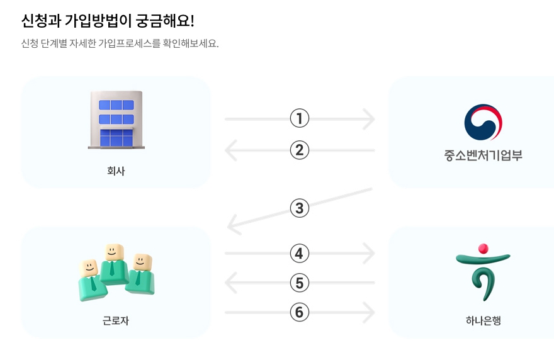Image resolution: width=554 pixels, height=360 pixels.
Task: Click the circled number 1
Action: pos(300,118)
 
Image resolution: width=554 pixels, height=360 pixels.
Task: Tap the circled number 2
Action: pos(300,150)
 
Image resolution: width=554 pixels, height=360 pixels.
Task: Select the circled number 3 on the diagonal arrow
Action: pos(300,208)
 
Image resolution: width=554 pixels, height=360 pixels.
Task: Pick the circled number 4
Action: pos(300,254)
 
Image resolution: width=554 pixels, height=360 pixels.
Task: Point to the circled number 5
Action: pos(300,283)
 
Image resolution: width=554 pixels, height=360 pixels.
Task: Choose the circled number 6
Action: pos(300,312)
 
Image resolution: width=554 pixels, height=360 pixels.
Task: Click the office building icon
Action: pos(116,120)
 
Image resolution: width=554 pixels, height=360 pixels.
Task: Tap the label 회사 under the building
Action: pos(116,171)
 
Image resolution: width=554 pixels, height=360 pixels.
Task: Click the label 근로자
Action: pos(116,321)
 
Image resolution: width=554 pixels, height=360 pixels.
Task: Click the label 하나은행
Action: pos(483,321)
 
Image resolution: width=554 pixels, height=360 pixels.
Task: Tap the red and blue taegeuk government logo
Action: pos(483,122)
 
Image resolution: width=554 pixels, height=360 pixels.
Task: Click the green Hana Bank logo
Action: pos(483,274)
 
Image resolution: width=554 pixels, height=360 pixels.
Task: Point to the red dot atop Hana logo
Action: pos(483,248)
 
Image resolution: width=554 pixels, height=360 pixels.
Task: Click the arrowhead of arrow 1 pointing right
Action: pos(370,118)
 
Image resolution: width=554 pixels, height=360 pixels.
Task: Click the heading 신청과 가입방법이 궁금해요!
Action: pos(108,21)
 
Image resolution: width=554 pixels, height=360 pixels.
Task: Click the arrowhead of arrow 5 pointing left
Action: pos(230,283)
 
